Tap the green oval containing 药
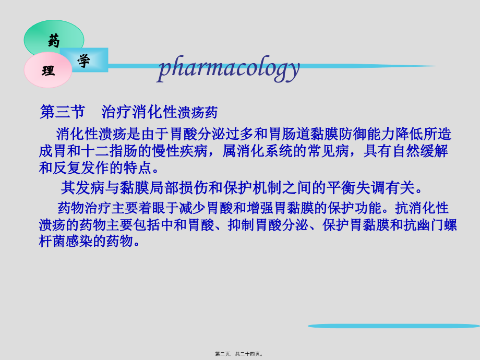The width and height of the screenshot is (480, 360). click(x=54, y=38)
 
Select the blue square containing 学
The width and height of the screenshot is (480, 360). click(x=84, y=60)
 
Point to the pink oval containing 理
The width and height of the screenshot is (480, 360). click(x=48, y=70)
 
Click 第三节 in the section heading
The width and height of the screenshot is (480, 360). click(x=62, y=112)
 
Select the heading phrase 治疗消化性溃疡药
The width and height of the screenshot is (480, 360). click(x=159, y=112)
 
